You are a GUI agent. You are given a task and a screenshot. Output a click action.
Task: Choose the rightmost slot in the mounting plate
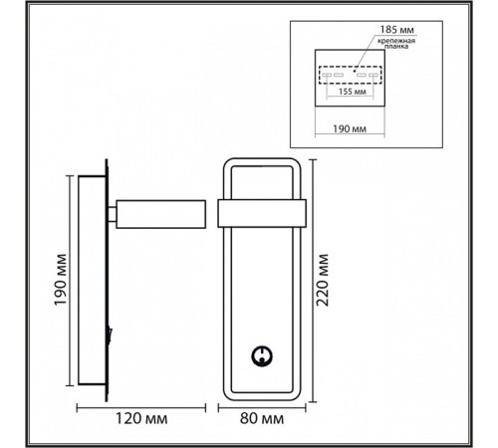pos(373,76)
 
